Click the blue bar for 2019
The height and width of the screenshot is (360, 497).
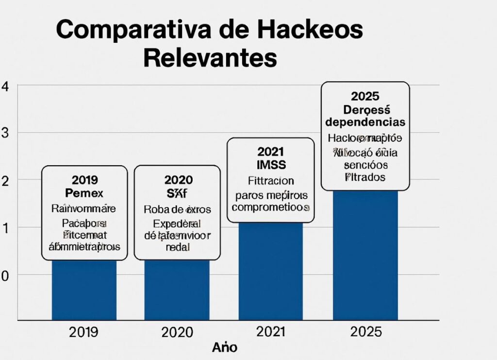click(x=84, y=290)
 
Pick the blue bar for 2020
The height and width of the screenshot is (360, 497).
click(x=177, y=290)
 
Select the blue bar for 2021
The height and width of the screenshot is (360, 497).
click(x=271, y=272)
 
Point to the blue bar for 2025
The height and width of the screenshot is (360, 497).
click(x=365, y=255)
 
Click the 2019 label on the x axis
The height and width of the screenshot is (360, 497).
click(x=83, y=332)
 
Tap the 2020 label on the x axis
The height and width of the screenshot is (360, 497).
click(x=177, y=333)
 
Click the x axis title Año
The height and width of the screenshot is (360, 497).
click(x=225, y=348)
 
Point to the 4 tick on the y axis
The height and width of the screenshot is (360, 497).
click(x=5, y=87)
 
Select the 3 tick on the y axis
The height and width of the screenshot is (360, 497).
click(x=5, y=134)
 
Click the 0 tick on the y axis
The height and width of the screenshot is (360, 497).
click(x=5, y=275)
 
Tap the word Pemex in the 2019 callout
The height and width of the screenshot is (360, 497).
click(x=84, y=193)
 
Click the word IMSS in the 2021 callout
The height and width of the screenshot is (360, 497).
click(x=271, y=164)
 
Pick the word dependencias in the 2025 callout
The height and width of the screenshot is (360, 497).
click(x=365, y=121)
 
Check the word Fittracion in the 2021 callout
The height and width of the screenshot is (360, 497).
click(x=271, y=181)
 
